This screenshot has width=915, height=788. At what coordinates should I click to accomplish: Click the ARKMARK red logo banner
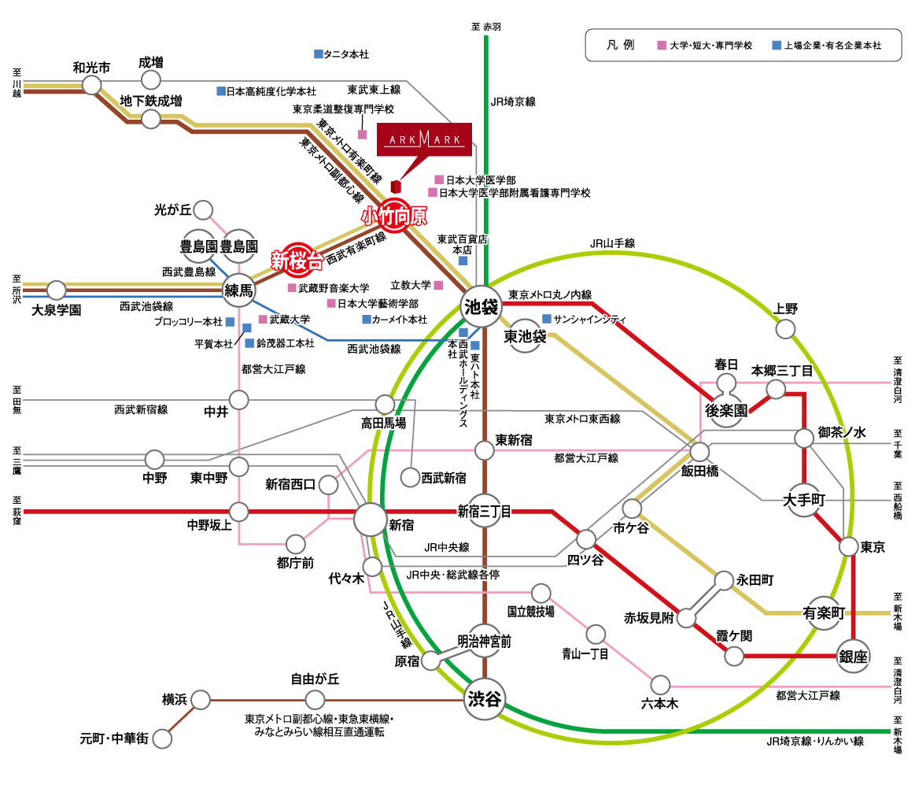pos(425,140)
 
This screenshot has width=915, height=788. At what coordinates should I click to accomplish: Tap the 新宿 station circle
pos(371,520)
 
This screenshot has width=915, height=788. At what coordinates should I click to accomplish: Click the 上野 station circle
pos(786,329)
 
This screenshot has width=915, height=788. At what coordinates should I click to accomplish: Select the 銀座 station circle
pos(853,656)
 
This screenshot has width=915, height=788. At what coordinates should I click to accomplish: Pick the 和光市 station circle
pos(93,85)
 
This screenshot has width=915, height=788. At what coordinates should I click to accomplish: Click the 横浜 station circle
pos(201,699)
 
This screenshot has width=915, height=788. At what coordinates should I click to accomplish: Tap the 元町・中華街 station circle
pos(163,738)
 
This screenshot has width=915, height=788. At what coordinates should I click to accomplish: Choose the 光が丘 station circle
pos(204,210)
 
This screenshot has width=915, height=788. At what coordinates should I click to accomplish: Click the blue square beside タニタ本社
pos(319,54)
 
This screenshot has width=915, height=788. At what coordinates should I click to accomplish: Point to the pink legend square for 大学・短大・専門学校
pos(662,46)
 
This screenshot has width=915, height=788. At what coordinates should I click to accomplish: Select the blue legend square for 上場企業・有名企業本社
pos(777,46)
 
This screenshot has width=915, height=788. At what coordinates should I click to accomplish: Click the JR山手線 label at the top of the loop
pos(612,244)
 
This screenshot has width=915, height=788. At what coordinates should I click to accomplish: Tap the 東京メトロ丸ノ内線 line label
pos(549,294)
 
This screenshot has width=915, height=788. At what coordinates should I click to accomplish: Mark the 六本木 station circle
pos(661,683)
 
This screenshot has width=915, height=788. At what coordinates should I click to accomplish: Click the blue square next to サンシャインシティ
pos(547,319)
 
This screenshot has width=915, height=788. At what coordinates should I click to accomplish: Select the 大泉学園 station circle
pos(57,290)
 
